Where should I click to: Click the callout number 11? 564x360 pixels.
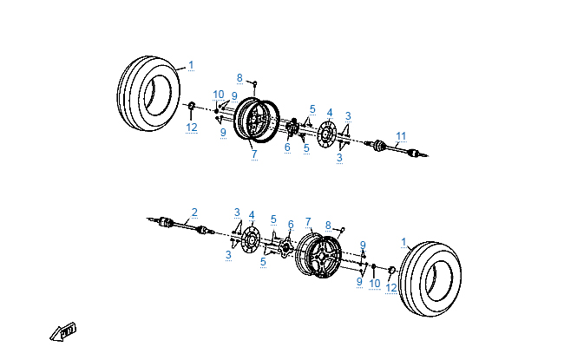[400, 135]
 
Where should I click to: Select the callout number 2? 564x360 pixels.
[194, 212]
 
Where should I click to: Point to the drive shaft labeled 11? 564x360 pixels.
[395, 149]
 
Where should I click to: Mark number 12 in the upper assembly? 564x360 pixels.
[192, 128]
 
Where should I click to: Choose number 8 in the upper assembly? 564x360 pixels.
[239, 79]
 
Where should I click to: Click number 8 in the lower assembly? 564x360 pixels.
[328, 226]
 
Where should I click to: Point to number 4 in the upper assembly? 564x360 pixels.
[330, 113]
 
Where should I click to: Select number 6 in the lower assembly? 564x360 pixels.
[291, 224]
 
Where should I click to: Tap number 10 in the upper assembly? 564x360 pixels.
[219, 94]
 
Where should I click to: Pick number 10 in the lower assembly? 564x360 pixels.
[375, 284]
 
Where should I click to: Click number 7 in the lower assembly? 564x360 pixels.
[308, 222]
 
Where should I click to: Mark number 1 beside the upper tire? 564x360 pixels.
[191, 65]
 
